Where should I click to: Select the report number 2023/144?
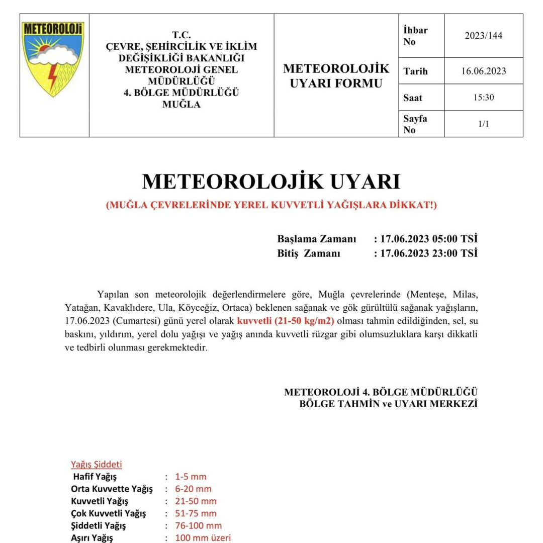(484, 36)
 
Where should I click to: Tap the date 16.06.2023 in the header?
(484, 71)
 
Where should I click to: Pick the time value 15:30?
(484, 98)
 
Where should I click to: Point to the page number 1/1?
(484, 124)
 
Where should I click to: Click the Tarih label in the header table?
(415, 71)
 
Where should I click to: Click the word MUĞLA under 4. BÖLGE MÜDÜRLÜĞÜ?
(182, 105)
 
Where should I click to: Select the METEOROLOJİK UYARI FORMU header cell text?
(336, 75)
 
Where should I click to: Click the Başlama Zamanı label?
(317, 238)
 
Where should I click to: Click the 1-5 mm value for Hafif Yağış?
(191, 477)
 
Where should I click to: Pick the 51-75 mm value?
(196, 513)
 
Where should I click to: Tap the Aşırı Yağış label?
(93, 538)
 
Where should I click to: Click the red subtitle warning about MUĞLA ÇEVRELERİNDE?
(271, 206)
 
